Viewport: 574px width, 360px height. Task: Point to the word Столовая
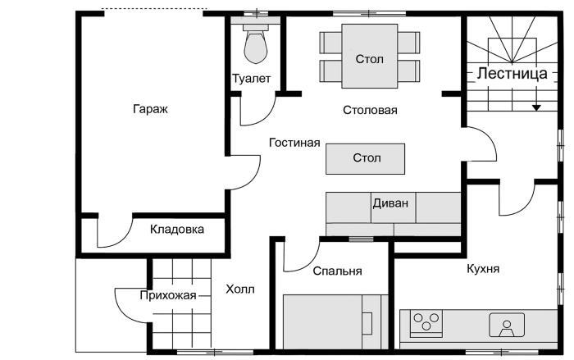coord(370,110)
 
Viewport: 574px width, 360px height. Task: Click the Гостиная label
coord(294,143)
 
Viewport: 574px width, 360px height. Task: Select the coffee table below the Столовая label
coord(365,157)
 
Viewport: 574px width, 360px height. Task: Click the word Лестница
coord(512,73)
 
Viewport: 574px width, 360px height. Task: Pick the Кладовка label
coord(176,230)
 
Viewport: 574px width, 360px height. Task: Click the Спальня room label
coord(337,271)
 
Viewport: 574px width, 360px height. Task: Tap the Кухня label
coord(483,269)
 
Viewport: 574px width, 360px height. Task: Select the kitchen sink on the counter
coord(508,326)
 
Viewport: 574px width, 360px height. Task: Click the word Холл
coord(240,289)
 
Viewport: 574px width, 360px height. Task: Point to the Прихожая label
coord(167,296)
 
